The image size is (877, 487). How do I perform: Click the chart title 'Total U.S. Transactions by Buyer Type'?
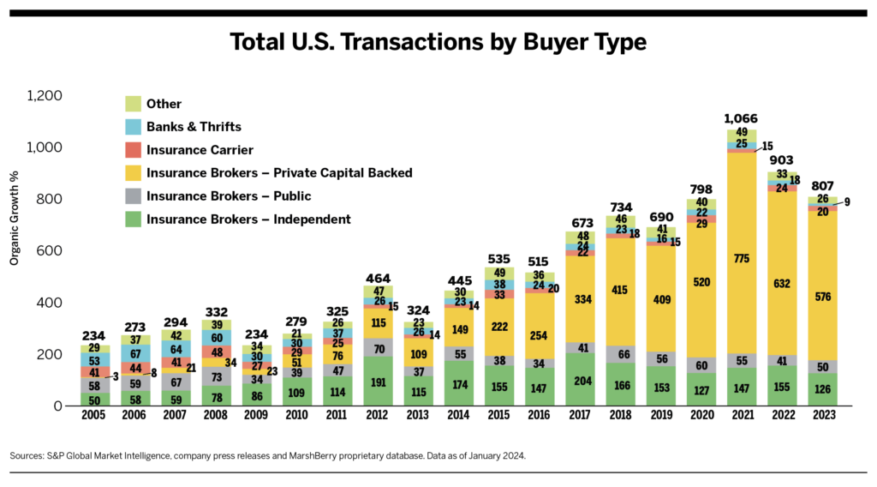click(x=438, y=42)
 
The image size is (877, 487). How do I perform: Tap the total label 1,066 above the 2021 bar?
click(x=741, y=118)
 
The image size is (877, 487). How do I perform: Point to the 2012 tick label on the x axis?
click(x=378, y=416)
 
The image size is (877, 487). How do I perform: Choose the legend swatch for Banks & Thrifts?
click(x=132, y=127)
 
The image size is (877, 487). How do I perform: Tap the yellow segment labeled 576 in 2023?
click(x=821, y=297)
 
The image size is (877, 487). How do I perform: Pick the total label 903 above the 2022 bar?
click(x=781, y=160)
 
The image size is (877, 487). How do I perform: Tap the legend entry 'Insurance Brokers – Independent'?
click(x=248, y=219)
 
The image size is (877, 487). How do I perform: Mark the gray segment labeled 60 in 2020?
click(x=701, y=365)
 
